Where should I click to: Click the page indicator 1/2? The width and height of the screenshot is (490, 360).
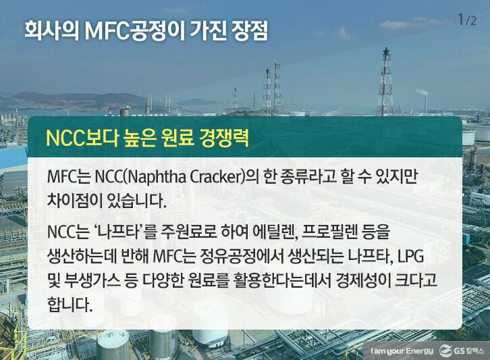coord(466,20)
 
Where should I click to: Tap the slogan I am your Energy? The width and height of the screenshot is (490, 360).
coord(401,350)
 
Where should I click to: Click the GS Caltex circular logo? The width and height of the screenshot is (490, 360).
coord(445,350)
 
